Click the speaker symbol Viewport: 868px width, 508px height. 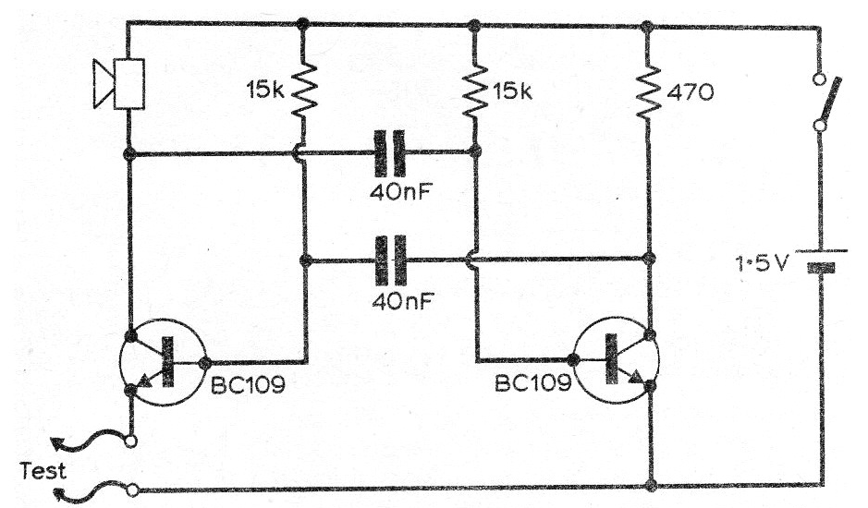(119, 83)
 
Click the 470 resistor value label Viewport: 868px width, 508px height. (690, 92)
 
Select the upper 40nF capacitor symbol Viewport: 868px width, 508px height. (390, 153)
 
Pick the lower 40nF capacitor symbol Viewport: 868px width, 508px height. (390, 260)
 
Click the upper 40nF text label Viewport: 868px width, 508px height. (401, 192)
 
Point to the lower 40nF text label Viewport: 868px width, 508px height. (403, 300)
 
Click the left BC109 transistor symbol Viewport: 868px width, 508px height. (162, 362)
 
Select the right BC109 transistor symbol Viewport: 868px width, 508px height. (616, 360)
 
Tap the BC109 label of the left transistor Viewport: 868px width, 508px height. (248, 384)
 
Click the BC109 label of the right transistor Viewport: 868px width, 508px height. (532, 382)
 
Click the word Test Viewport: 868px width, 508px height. (43, 471)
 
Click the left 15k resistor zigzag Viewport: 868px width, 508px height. (303, 89)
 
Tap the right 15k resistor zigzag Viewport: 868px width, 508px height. (474, 91)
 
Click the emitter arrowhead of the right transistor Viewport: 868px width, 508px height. (636, 376)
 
